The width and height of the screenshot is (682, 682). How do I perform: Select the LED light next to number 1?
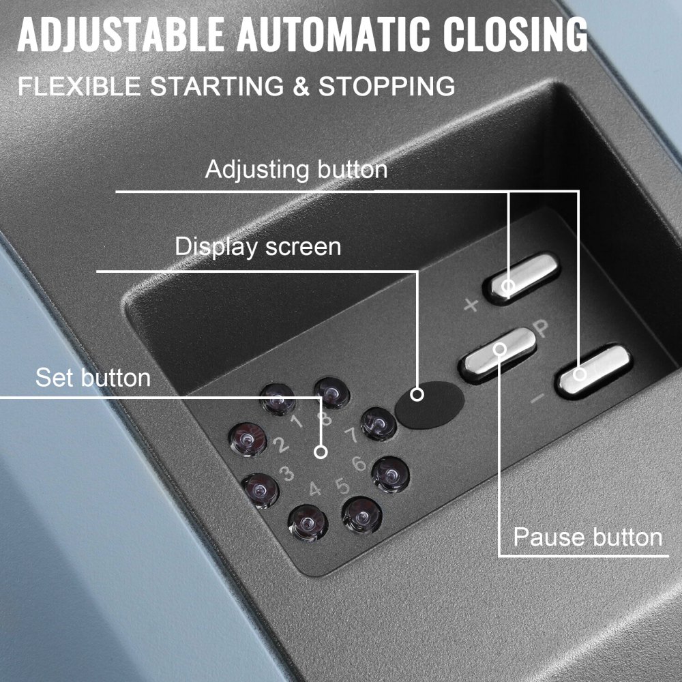click(x=278, y=398)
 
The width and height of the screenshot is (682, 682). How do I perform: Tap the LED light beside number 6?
click(x=390, y=473)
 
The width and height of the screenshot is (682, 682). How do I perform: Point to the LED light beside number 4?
click(x=308, y=522)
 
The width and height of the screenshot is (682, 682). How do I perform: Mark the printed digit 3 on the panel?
click(x=286, y=472)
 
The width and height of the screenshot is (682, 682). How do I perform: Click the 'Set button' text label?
click(x=93, y=377)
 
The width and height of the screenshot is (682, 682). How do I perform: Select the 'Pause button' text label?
click(x=587, y=537)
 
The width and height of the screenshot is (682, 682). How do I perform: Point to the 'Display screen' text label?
click(x=258, y=246)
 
